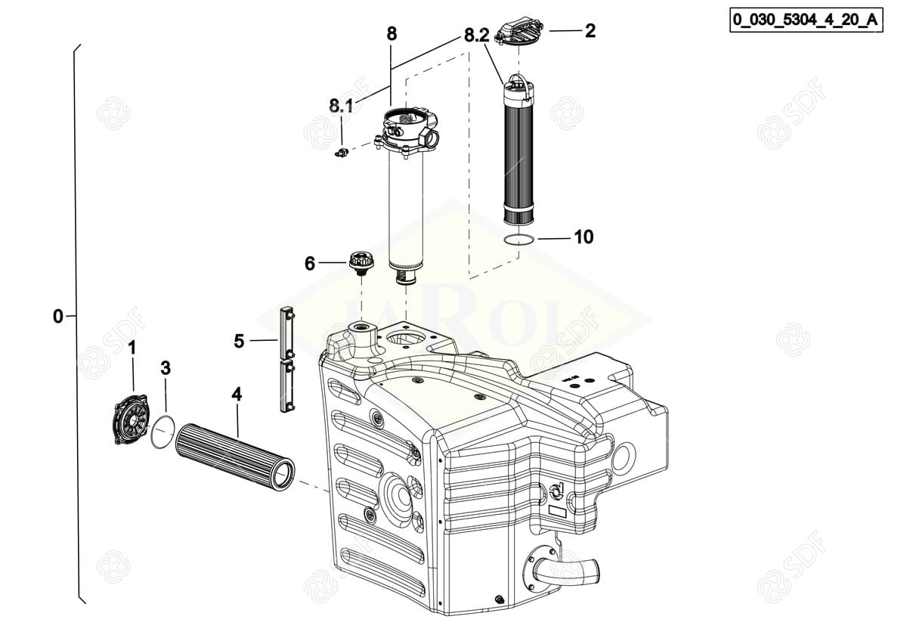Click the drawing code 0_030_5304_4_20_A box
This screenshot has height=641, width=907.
(x=806, y=20)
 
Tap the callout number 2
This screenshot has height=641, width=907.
(x=590, y=31)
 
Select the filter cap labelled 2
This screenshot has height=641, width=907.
(x=519, y=31)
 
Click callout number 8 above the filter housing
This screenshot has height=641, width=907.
(x=391, y=34)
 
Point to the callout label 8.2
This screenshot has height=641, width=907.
(x=477, y=36)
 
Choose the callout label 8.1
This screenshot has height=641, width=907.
(x=341, y=107)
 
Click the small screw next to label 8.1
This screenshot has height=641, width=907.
(x=341, y=153)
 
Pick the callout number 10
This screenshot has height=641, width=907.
(x=584, y=237)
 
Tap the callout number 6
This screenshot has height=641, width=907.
(x=310, y=263)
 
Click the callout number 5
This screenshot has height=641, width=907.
(x=239, y=342)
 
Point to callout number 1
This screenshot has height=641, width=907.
(x=132, y=348)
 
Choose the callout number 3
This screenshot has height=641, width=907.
(x=166, y=368)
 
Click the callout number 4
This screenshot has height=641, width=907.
(x=237, y=394)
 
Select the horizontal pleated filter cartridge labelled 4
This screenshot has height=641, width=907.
(x=234, y=457)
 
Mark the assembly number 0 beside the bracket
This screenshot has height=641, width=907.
(x=58, y=317)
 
